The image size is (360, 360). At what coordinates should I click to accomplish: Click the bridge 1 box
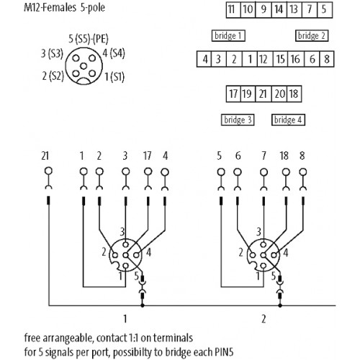tap(228, 36)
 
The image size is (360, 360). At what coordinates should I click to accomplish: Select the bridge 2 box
tap(312, 36)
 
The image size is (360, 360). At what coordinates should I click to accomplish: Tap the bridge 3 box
tap(238, 120)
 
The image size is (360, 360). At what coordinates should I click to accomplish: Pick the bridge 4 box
tap(288, 120)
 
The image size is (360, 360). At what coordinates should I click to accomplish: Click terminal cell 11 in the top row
tap(233, 9)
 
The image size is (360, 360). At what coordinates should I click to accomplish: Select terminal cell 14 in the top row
tap(279, 9)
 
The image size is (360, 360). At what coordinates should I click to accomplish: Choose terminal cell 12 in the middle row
tap(264, 59)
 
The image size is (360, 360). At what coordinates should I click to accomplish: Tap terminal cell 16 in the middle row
tap(296, 59)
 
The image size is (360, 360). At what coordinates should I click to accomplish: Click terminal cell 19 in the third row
tap(248, 94)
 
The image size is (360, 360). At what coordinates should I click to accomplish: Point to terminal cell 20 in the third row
tap(279, 94)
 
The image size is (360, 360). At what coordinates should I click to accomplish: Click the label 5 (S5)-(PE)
tap(89, 39)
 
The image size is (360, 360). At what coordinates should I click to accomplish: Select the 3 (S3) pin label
tap(52, 53)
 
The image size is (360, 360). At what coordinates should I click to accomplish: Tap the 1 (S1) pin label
tap(114, 77)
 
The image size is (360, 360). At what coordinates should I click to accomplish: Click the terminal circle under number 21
tap(48, 171)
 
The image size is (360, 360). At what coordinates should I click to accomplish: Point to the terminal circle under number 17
tap(148, 171)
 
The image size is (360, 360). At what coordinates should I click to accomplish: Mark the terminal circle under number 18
tap(286, 172)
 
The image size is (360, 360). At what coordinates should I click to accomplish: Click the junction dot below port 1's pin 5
tap(143, 305)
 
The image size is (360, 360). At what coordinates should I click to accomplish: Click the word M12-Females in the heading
tap(50, 7)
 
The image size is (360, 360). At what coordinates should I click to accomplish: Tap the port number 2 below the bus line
tap(264, 319)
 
